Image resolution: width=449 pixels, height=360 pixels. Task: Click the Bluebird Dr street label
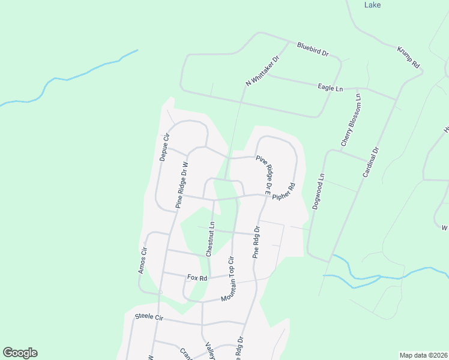click(x=313, y=49)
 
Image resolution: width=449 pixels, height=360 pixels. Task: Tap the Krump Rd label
click(x=408, y=57)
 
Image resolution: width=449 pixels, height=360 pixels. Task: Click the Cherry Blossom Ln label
click(x=352, y=120)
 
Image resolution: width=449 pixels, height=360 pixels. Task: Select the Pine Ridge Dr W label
click(x=182, y=185)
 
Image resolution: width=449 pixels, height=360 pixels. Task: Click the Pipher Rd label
click(x=284, y=192)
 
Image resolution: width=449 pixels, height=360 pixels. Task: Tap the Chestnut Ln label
click(x=211, y=239)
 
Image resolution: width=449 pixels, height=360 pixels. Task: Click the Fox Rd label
click(x=197, y=278)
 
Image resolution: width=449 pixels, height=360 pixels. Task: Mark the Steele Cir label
click(x=149, y=316)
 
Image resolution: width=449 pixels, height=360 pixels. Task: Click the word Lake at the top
click(x=373, y=5)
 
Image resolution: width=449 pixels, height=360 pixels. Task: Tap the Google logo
click(x=20, y=353)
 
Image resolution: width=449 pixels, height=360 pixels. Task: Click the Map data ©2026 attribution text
click(x=423, y=355)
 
